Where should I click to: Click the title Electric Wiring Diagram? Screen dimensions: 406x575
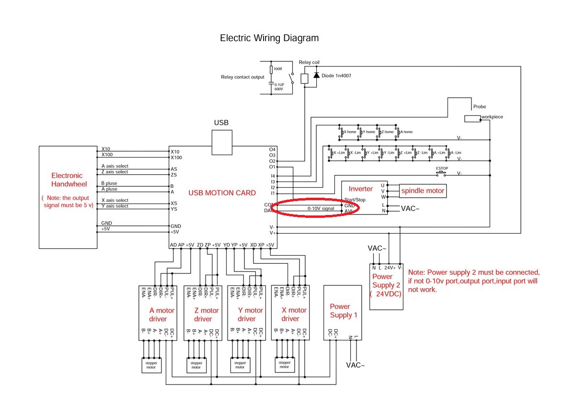[x=269, y=38]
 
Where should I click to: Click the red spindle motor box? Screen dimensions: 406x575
[x=423, y=191]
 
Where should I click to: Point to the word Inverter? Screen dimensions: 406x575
[x=360, y=189]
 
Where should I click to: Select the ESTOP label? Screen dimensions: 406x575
[x=442, y=169]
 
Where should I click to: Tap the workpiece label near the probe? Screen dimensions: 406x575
[x=493, y=117]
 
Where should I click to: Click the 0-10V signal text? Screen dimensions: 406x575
[x=321, y=209]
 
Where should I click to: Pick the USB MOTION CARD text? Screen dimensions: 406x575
[x=222, y=193]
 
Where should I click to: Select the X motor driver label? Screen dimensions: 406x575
[x=290, y=315]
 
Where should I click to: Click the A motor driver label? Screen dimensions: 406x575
[x=159, y=315]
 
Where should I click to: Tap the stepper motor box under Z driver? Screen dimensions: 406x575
[x=196, y=365]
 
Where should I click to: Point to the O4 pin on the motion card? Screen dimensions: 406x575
[x=272, y=149]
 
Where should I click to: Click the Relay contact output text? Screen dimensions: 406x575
[x=242, y=77]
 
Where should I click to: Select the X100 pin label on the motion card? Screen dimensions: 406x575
[x=177, y=158]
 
